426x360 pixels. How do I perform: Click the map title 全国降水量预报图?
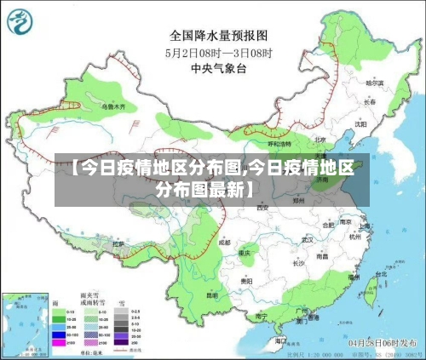coord(220,36)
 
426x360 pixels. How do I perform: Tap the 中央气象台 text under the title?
coord(219,67)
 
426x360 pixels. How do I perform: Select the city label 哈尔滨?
coord(374,83)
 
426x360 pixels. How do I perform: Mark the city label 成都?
coord(223,242)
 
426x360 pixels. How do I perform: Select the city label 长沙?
coord(298,263)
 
